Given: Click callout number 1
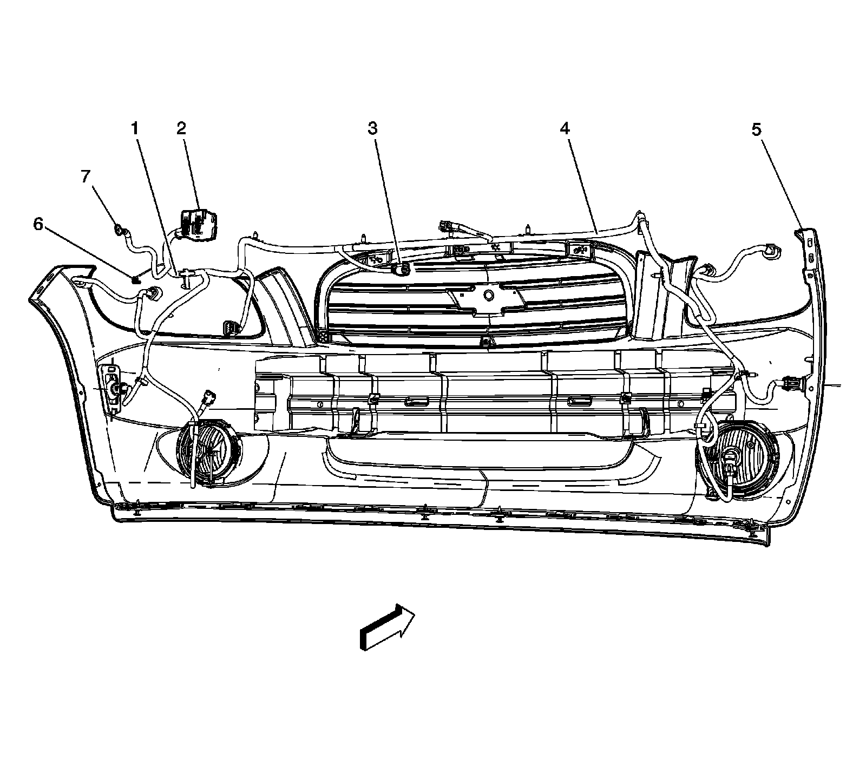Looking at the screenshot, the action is click(x=135, y=128).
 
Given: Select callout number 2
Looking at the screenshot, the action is click(x=181, y=128).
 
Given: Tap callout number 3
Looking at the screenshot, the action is click(x=372, y=128).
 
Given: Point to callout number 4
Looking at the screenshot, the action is click(x=565, y=128).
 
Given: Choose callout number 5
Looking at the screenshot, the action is click(x=756, y=129).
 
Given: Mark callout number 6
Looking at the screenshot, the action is click(x=38, y=224).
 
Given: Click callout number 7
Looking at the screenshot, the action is click(x=86, y=177).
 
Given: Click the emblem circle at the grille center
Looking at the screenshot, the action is click(x=489, y=295).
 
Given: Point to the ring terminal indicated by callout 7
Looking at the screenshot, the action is click(x=118, y=230).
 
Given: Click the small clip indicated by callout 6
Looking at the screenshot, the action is click(x=135, y=279).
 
